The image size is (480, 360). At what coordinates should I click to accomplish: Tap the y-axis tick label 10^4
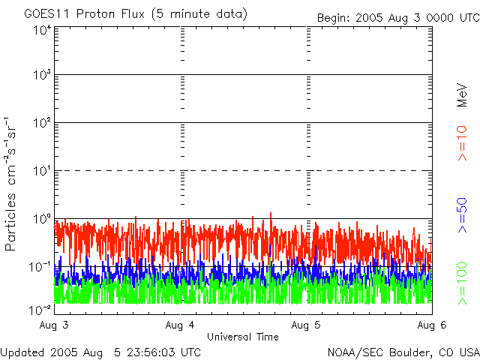(x=42, y=29)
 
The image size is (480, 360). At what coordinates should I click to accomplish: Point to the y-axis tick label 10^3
(x=42, y=76)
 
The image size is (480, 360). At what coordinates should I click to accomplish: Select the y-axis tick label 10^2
(x=42, y=123)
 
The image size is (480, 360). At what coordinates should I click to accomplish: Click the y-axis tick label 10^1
(x=42, y=171)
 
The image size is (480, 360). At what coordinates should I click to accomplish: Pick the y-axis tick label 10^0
(x=42, y=219)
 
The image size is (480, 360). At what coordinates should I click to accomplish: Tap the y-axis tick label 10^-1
(x=41, y=266)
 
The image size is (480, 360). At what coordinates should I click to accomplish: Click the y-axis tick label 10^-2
(x=41, y=308)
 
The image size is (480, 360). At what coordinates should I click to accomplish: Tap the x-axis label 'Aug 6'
(x=431, y=325)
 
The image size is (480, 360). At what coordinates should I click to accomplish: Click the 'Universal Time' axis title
(x=243, y=337)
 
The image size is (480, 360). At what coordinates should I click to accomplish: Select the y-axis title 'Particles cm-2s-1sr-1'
(x=13, y=184)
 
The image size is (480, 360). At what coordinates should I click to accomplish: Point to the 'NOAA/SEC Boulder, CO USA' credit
(x=403, y=352)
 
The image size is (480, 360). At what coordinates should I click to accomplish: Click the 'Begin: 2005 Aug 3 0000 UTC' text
(x=397, y=17)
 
